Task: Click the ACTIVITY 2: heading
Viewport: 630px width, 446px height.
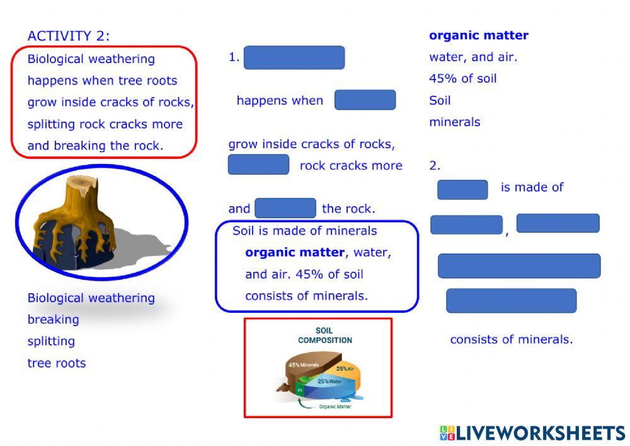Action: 69,36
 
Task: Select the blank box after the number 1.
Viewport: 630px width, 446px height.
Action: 294,57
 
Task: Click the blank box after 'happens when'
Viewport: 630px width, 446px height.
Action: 365,100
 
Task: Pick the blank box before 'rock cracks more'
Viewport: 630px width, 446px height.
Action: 258,165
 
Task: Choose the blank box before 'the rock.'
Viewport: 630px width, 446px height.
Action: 285,208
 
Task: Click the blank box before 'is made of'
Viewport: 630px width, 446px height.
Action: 462,189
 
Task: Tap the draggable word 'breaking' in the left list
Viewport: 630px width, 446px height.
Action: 54,320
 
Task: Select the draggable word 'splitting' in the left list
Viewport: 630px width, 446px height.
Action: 51,341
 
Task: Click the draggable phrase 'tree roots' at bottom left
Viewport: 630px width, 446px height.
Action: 57,363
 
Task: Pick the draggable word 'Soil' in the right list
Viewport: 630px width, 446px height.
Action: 440,100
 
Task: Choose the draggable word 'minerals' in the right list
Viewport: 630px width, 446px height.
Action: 454,122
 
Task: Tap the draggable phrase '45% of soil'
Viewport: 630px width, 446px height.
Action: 463,79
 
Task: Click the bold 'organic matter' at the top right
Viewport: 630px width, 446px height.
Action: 479,36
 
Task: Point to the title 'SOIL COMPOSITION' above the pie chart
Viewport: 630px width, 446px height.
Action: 325,335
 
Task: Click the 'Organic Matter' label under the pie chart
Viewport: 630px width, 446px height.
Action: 335,407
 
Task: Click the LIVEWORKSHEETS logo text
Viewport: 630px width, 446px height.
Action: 539,433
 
